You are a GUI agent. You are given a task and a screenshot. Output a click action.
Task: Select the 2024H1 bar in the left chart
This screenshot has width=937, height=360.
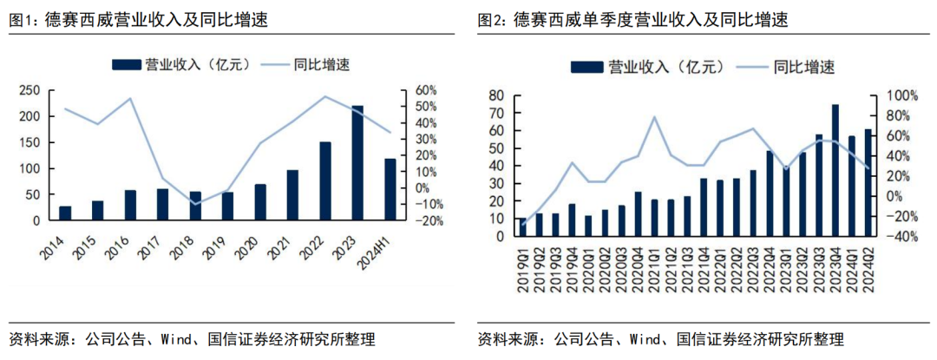390,189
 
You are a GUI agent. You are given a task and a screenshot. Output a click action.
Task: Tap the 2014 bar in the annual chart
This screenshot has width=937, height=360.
65,213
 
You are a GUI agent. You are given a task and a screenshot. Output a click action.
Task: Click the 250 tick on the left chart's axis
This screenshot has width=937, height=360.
29,90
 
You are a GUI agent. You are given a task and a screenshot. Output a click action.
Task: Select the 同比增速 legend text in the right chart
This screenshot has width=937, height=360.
805,67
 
